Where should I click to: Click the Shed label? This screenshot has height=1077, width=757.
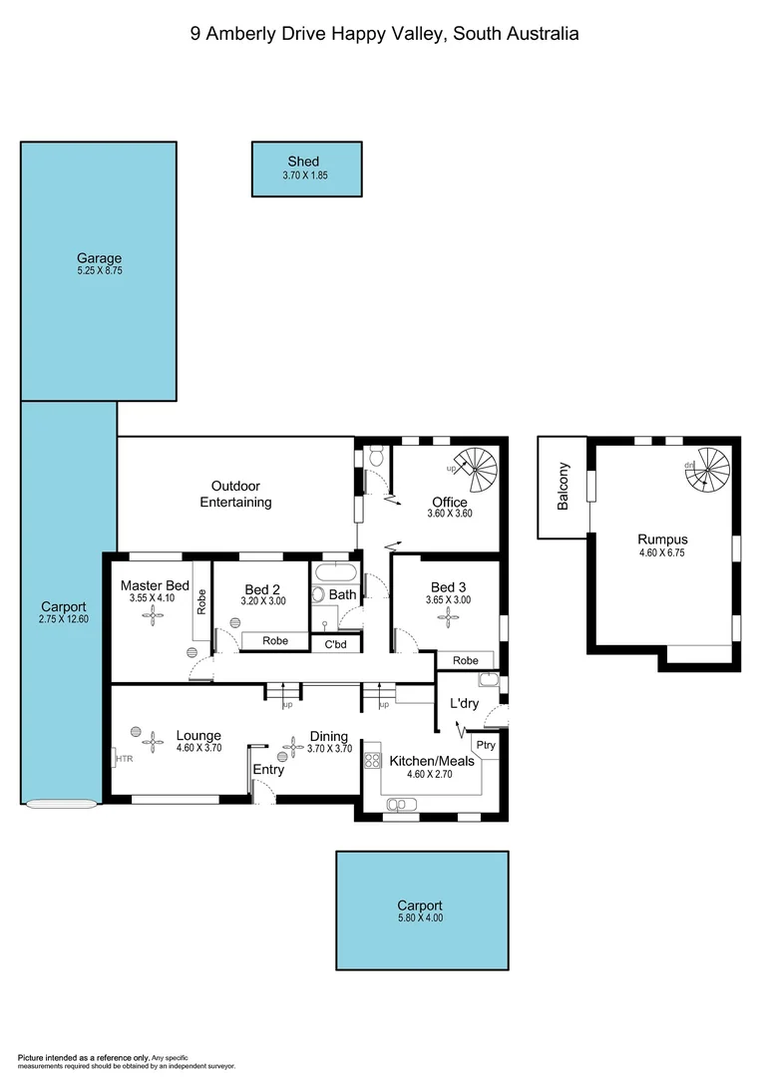coord(303,162)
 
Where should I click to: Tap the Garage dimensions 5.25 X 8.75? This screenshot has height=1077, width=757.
coord(100,270)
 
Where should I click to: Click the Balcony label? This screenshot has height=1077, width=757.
coord(564,487)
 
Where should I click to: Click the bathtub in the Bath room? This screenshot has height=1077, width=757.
coord(334,574)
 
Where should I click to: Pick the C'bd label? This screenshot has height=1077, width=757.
coord(334,645)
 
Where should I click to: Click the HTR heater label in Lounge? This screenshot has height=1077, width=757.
coord(124,759)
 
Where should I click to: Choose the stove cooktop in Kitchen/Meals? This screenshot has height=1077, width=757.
coord(373,760)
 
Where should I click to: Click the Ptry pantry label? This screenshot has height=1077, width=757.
coord(486,745)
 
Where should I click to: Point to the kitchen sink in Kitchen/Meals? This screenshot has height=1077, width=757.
coord(396,804)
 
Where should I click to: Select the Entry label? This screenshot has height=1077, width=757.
coord(268,770)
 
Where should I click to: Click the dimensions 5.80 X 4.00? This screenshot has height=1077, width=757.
coord(420,917)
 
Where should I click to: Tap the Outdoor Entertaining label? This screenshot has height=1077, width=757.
coord(235,494)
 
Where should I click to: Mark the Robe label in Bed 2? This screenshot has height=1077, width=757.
coord(275,641)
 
